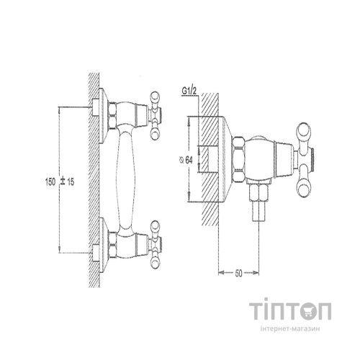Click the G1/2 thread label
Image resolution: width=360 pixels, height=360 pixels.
(189, 91)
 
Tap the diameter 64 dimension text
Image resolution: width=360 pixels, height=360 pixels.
(186, 160)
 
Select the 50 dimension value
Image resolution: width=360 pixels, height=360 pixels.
(238, 274)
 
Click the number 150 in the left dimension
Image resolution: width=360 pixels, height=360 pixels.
(50, 181)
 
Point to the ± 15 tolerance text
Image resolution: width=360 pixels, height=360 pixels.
(68, 181)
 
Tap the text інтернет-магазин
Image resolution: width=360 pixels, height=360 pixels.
(290, 329)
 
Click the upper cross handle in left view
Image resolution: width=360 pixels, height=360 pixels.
(155, 115)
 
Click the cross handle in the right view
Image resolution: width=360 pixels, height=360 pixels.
(305, 161)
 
